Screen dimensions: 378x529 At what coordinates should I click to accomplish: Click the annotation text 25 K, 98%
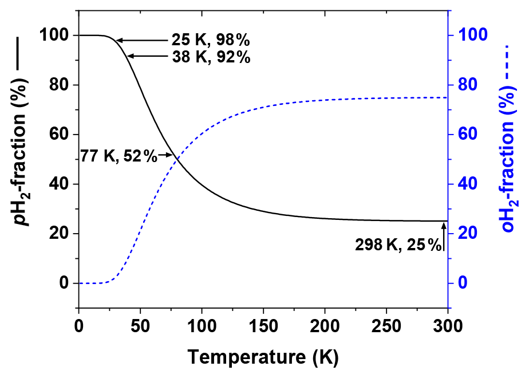coord(211,41)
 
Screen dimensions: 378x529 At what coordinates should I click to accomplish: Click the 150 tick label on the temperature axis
coord(263,327)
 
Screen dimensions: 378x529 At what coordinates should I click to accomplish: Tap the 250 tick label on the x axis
coord(386,327)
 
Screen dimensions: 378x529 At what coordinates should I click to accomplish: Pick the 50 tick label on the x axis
coord(140,327)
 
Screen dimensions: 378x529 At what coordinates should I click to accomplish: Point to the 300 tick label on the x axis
coord(448,327)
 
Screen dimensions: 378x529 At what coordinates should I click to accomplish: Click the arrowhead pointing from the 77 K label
coord(169,155)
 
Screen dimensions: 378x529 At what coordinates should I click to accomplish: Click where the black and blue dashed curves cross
coord(177,160)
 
